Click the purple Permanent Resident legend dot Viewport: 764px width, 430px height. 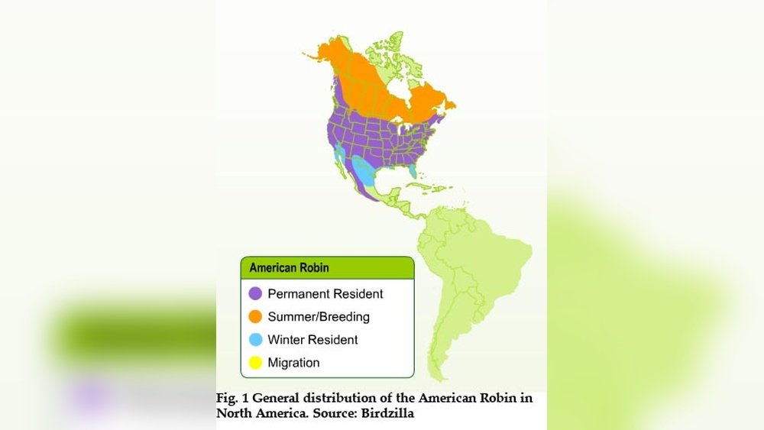256,293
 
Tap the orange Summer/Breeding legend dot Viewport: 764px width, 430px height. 256,316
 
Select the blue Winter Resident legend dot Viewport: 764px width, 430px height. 256,340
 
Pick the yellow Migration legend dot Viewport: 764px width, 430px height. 256,363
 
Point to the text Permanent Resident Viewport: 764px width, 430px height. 325,293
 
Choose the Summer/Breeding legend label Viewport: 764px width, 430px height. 319,316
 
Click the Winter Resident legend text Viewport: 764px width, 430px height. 312,340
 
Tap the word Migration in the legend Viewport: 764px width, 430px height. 293,363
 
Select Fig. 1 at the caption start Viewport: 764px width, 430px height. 231,399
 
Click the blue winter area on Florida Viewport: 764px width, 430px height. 413,171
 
